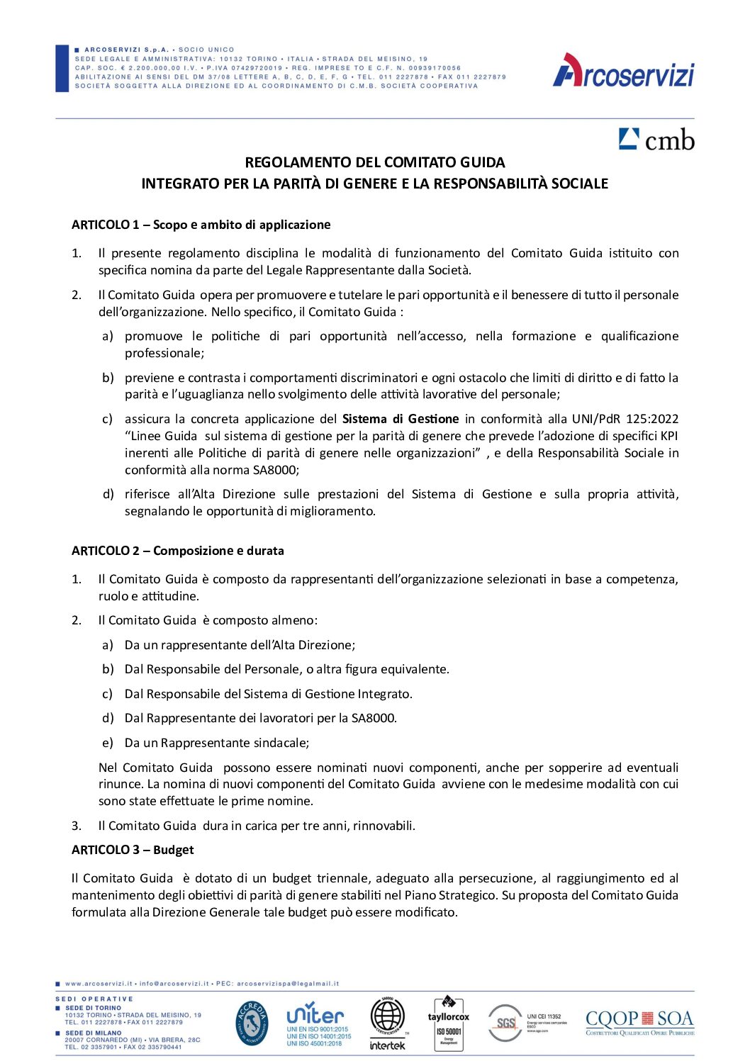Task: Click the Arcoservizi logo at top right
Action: click(x=623, y=72)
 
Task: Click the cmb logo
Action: click(x=656, y=140)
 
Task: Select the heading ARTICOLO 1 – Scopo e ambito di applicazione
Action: click(x=201, y=225)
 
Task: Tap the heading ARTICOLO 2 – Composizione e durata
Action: click(x=177, y=551)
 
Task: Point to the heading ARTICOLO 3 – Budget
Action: click(x=133, y=850)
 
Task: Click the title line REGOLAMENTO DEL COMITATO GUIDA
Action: click(x=374, y=162)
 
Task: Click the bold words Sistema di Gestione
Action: click(x=401, y=419)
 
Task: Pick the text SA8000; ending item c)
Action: click(x=276, y=470)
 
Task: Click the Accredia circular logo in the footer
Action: click(x=252, y=1023)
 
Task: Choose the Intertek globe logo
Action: click(x=388, y=1023)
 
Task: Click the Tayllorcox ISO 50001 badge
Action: click(x=448, y=1023)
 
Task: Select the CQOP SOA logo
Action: click(x=639, y=1022)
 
